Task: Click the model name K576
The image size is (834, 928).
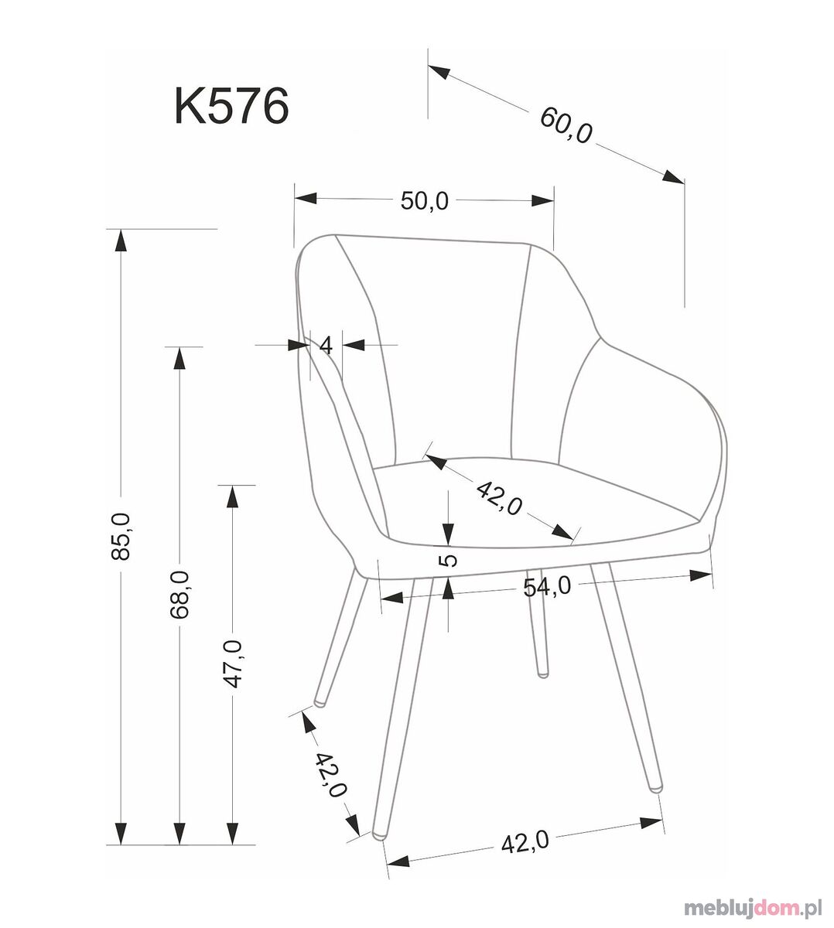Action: coord(232,107)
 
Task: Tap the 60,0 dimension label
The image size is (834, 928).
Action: coord(566,127)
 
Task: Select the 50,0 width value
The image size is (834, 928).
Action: coord(424,200)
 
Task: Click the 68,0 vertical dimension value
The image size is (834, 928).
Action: coord(179,594)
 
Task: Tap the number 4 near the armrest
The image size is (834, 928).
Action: coord(326,346)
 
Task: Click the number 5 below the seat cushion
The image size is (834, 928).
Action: coord(450,560)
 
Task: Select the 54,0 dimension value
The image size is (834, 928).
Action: coord(547,586)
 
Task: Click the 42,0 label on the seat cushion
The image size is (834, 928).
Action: coord(499,499)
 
